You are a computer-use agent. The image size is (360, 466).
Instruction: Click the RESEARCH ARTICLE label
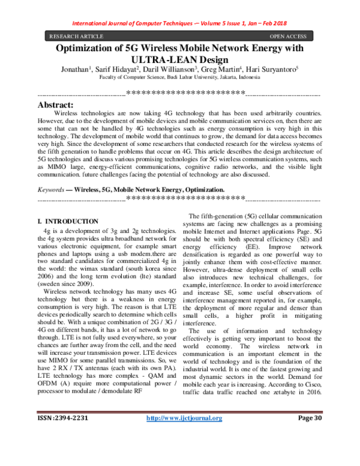(71, 36)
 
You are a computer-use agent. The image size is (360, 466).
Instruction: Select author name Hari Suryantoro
(277, 70)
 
